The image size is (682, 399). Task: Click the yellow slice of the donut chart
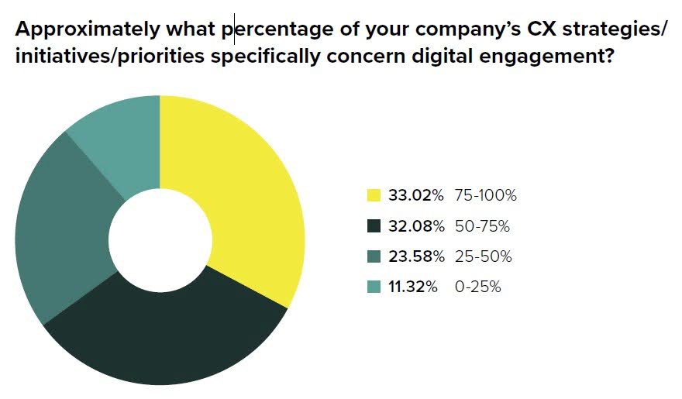click(x=240, y=201)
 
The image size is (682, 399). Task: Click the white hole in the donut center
click(x=160, y=240)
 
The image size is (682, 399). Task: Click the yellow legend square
click(x=374, y=195)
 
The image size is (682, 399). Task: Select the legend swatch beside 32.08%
click(x=374, y=226)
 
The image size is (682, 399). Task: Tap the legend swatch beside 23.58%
click(x=374, y=256)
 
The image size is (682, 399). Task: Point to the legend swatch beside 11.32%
click(x=374, y=287)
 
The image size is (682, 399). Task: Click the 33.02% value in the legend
click(x=416, y=195)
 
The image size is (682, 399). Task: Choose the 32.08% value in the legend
click(x=416, y=226)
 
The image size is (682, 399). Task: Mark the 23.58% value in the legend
click(x=416, y=256)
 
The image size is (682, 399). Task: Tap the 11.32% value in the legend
click(x=413, y=287)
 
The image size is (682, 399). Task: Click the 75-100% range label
click(x=486, y=195)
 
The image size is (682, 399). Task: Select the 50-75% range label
click(x=482, y=226)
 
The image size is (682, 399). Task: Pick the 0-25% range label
click(x=478, y=287)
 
